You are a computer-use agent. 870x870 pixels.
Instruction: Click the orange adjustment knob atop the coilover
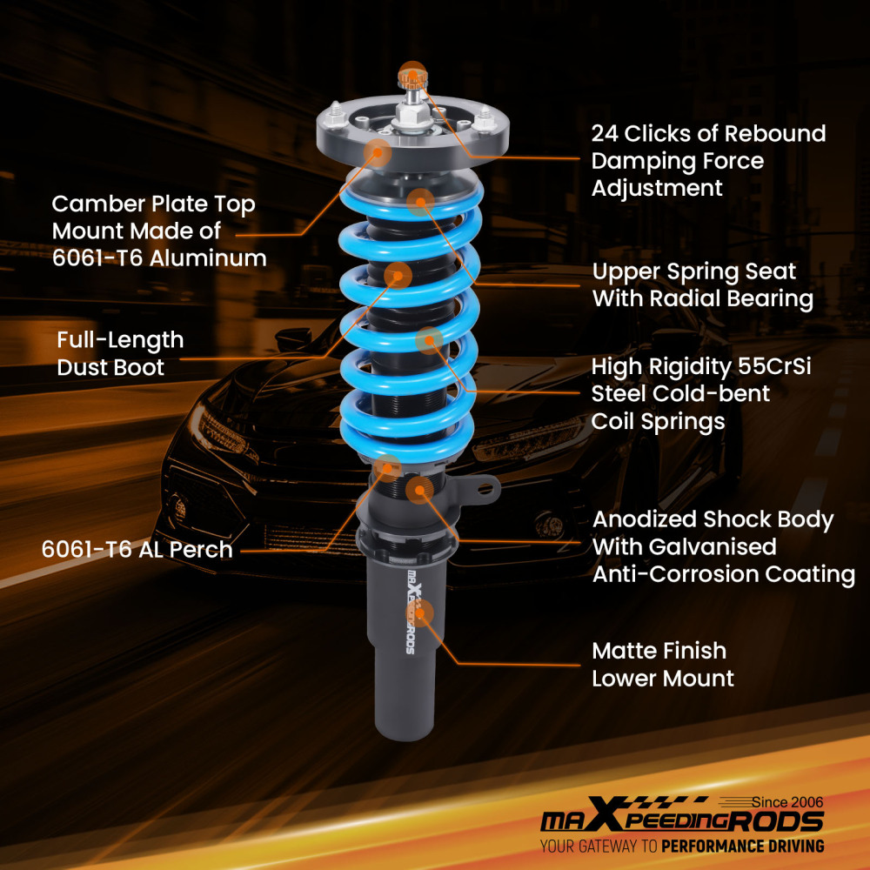coord(412,77)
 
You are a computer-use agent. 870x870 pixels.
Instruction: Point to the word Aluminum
coord(208,258)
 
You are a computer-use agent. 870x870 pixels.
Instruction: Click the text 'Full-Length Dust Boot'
coord(120,353)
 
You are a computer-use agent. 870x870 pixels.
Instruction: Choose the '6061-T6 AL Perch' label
coord(137,549)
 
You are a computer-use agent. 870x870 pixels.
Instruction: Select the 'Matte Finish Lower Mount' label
coord(662,664)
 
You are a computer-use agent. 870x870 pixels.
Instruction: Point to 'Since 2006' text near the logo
coord(787,802)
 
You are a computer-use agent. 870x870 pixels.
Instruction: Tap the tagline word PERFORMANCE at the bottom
coord(712,847)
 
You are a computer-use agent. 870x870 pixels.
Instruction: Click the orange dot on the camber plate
coord(378,152)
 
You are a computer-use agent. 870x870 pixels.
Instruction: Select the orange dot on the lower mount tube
coord(420,613)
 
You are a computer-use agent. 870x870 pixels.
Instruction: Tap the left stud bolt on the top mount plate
coord(335,114)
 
